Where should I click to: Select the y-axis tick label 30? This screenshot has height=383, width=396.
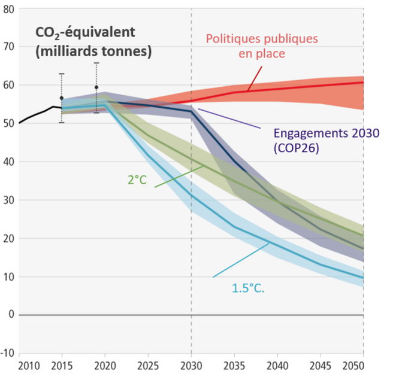tap(8, 200)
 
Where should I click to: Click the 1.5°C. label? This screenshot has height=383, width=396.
tap(248, 288)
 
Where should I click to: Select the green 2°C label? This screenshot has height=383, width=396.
tap(137, 179)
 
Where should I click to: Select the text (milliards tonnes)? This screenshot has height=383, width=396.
tap(93, 52)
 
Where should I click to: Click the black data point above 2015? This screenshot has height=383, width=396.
tap(61, 98)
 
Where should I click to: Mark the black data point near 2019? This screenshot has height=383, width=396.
tap(96, 87)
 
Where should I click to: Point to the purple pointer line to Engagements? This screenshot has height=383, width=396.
tap(229, 118)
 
